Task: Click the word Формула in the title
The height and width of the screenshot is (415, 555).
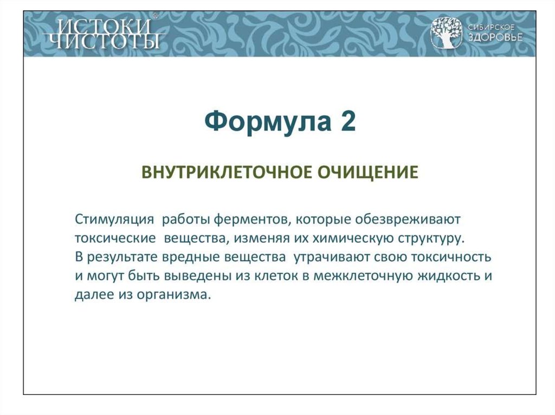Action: [x=268, y=121]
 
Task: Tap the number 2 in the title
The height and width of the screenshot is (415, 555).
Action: [x=349, y=121]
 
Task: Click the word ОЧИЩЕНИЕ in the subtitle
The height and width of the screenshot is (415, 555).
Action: [x=367, y=173]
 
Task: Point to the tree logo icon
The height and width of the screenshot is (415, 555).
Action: [x=447, y=33]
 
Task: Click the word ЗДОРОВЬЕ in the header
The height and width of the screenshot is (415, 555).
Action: [x=495, y=37]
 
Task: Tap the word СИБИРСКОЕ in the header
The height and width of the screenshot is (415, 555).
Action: [x=491, y=27]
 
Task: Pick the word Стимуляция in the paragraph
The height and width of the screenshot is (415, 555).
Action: [x=114, y=220]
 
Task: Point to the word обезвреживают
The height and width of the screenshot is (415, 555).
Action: [x=408, y=220]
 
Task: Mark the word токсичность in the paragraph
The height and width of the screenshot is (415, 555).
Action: [x=451, y=258]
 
